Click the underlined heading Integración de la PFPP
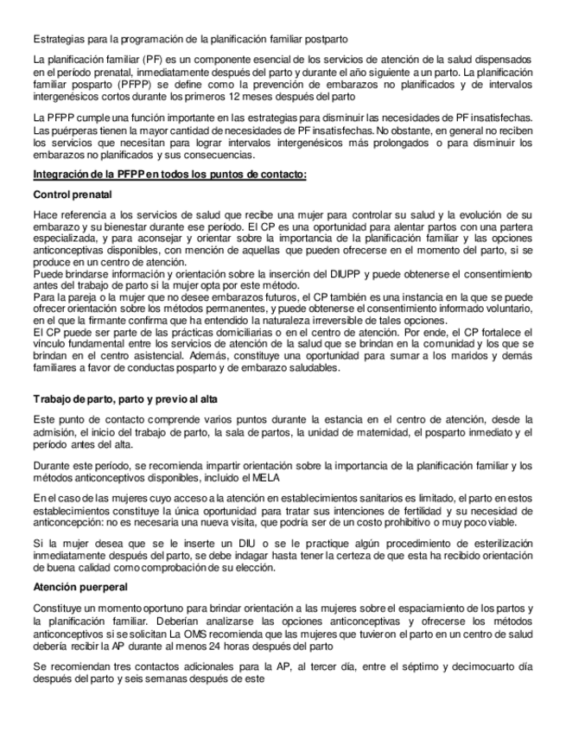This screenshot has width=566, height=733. tap(169, 176)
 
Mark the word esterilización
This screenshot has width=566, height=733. tap(491, 541)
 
